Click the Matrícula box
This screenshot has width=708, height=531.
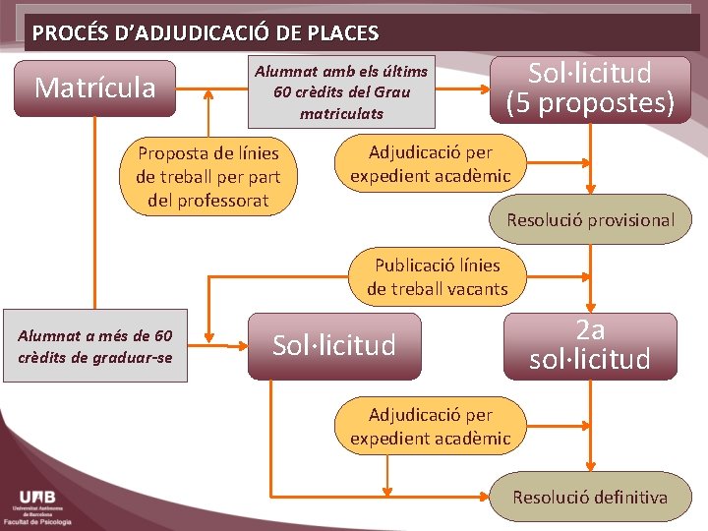(x=94, y=88)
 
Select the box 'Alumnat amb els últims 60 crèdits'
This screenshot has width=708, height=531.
(x=341, y=92)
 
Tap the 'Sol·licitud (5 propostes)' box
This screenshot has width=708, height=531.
(x=590, y=88)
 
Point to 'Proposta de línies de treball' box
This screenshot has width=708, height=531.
(x=207, y=177)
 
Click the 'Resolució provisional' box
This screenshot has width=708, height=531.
(x=590, y=220)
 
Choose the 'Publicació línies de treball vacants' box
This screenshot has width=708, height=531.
(x=438, y=276)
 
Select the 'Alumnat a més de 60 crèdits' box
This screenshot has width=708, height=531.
(x=94, y=347)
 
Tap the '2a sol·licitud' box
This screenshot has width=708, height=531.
(x=590, y=345)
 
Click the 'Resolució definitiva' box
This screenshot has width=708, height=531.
(x=590, y=497)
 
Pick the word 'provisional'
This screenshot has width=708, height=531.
(x=633, y=220)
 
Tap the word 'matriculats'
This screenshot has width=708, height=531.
(x=341, y=114)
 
